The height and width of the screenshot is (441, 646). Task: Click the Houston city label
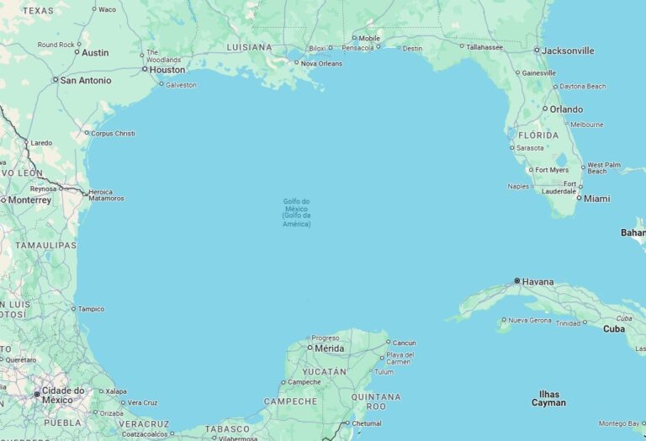[167, 70]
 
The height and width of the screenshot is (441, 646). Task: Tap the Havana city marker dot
[517, 281]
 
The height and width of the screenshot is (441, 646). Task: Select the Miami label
[596, 199]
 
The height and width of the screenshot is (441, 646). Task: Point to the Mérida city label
[329, 348]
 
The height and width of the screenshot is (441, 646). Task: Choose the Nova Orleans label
[321, 63]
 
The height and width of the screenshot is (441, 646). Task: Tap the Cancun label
[404, 343]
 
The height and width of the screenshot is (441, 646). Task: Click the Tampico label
[91, 309]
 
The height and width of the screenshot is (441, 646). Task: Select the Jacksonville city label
[568, 50]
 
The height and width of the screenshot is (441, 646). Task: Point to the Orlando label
[566, 109]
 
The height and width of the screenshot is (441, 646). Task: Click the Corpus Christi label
[113, 133]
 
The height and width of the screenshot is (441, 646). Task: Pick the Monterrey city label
[29, 200]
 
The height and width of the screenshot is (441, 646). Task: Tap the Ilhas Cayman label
[548, 398]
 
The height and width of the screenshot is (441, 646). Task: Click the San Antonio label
[85, 80]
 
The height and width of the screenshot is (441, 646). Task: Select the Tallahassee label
[484, 47]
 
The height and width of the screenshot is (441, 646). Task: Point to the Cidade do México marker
[37, 393]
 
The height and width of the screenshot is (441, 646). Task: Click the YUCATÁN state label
[325, 371]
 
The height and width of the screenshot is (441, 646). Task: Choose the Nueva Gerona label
[530, 320]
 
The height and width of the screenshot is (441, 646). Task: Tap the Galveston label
[181, 84]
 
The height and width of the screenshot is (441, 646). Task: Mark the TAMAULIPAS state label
[45, 245]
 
